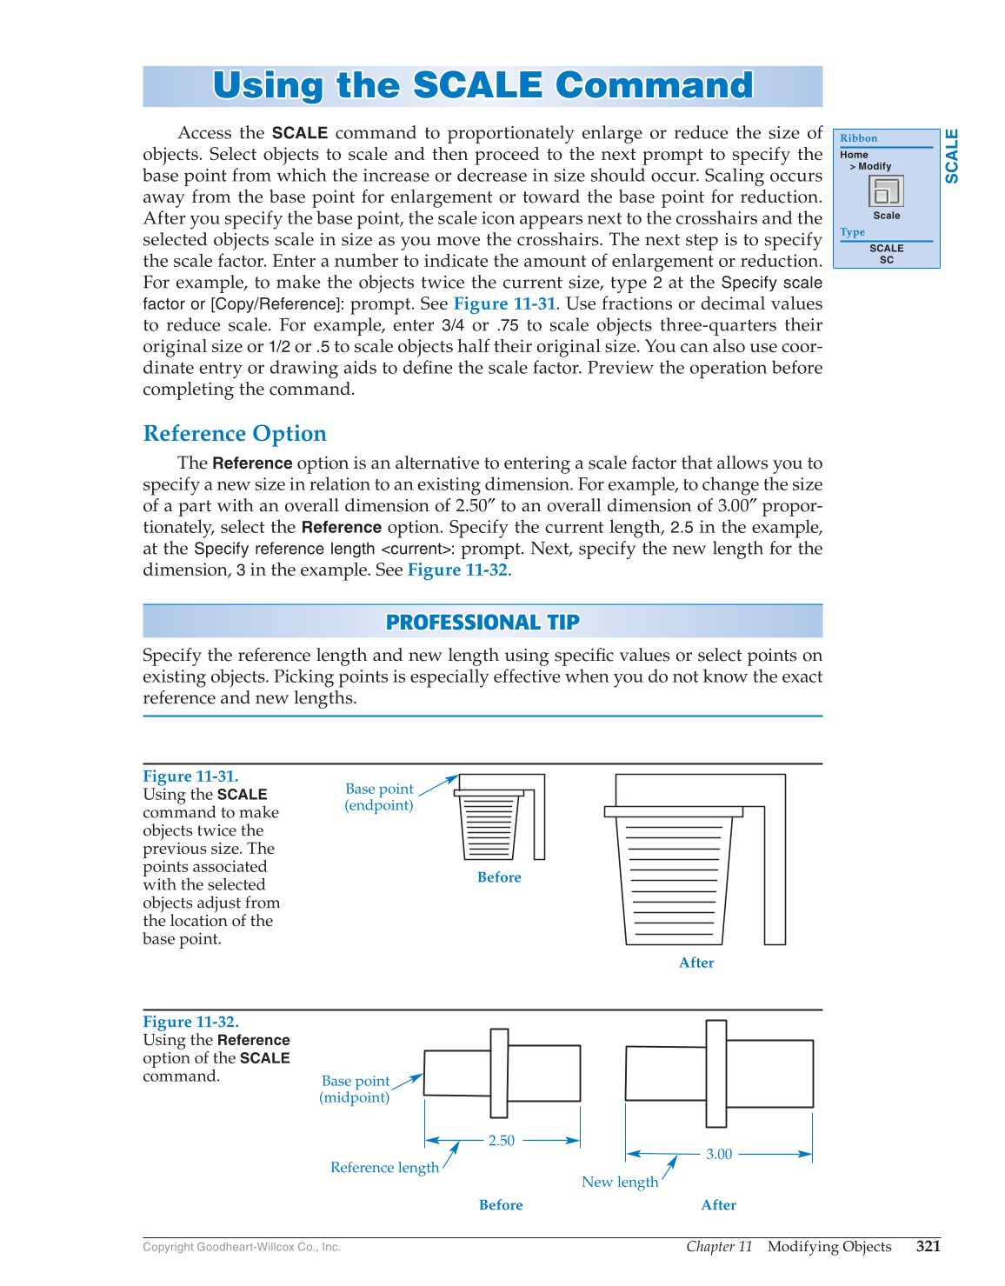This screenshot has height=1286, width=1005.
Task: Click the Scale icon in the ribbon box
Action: coord(886,190)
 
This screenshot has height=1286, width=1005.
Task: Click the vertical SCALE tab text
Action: coord(952,157)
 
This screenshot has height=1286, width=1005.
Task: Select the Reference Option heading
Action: coord(235,433)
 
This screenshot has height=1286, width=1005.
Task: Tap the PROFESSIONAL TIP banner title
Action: coord(483,622)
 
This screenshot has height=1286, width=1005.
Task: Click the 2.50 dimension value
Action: coord(502,1140)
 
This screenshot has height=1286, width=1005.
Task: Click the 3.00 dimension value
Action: coord(719,1154)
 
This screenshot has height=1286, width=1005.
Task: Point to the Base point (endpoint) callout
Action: coord(379,796)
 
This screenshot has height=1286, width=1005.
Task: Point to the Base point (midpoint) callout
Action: coord(355,1089)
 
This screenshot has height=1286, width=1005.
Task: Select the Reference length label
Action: coord(384,1167)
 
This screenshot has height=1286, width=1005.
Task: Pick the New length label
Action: coord(620,1182)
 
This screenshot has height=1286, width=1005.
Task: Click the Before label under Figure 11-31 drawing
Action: coord(499,877)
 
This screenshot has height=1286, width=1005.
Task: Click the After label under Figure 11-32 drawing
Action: coord(718,1205)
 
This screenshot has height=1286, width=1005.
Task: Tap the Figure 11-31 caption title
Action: coord(190,776)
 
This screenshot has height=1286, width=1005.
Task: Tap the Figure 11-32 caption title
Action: coord(190,1022)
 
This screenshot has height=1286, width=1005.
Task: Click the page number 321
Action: coord(928,1246)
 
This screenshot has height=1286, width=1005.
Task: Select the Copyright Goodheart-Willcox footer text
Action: coord(242,1247)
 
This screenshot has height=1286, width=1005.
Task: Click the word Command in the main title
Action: coord(654,85)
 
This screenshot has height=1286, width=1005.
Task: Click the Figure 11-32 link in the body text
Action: coord(457,570)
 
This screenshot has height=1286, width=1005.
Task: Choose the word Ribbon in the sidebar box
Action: coord(858,138)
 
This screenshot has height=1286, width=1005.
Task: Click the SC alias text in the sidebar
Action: coord(886,260)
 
